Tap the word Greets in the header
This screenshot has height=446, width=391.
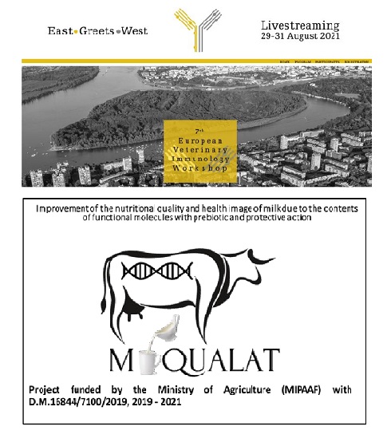[96, 32]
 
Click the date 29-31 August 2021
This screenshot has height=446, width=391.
[299, 37]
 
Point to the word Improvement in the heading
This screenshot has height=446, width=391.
[66, 208]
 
